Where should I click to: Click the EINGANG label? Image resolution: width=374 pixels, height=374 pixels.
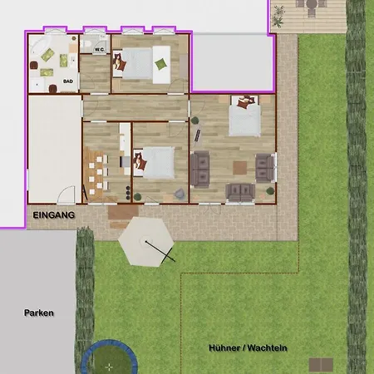click(x=54, y=215)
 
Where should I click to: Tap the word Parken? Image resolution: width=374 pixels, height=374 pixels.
click(x=39, y=312)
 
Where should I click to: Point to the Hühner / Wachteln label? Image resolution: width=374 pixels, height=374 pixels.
click(x=248, y=347)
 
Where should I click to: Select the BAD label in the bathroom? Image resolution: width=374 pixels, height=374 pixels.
click(x=68, y=81)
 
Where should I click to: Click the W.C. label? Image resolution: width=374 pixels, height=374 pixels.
click(x=100, y=50)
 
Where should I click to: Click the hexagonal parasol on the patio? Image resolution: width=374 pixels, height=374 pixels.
click(x=146, y=242)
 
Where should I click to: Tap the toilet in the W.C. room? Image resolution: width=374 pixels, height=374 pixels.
click(x=86, y=44)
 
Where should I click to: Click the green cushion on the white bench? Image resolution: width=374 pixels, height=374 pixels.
click(x=161, y=64)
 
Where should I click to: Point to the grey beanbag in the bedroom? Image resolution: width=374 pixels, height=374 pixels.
click(x=180, y=194)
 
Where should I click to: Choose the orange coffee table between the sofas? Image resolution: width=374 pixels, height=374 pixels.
click(x=239, y=168)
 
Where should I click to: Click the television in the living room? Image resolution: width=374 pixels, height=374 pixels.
click(x=198, y=135)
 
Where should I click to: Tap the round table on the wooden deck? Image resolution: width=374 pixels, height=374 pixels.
click(x=312, y=4)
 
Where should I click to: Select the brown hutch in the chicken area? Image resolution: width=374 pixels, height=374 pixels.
click(x=321, y=365)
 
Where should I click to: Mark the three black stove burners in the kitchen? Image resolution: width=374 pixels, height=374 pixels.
click(x=128, y=193)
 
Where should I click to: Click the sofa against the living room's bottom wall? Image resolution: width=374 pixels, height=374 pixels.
click(x=240, y=192)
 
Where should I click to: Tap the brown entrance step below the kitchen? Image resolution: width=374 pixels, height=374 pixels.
click(x=123, y=213)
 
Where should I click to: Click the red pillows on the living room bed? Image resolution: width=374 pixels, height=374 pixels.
click(x=245, y=101)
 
